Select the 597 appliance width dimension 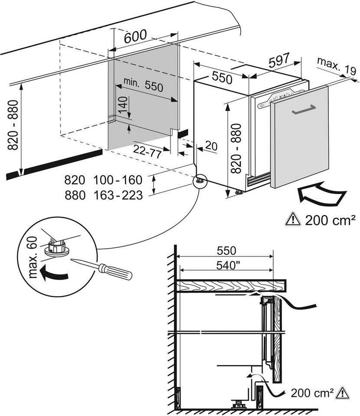click(x=278, y=62)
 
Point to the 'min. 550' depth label click(x=143, y=85)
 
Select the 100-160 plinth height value click(x=118, y=179)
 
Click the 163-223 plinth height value click(x=118, y=195)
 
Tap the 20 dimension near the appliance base click(x=210, y=146)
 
